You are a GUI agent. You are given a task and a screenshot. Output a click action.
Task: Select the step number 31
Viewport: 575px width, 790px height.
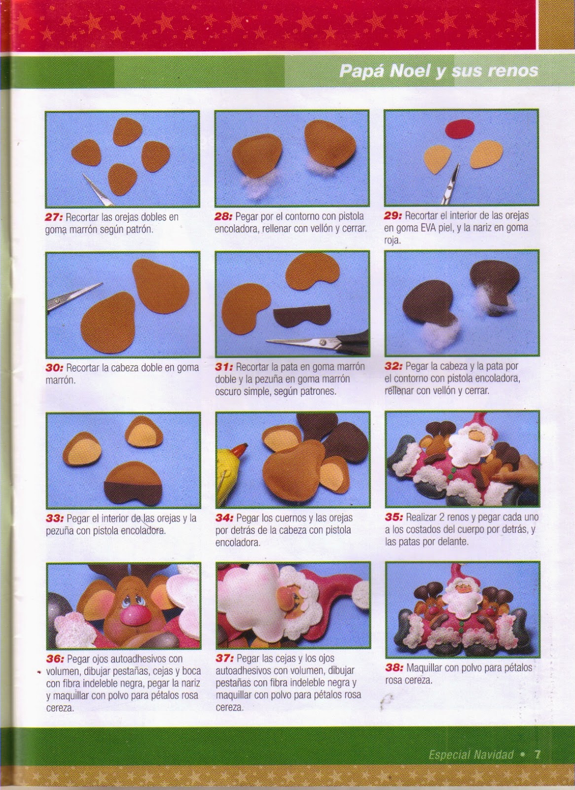[x=223, y=367]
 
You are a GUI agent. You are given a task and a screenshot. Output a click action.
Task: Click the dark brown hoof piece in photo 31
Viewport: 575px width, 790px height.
[x=302, y=316]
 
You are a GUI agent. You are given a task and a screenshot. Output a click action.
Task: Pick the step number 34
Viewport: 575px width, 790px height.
[x=224, y=518]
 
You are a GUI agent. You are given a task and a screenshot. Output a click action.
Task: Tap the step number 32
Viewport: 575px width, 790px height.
[x=394, y=366]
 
